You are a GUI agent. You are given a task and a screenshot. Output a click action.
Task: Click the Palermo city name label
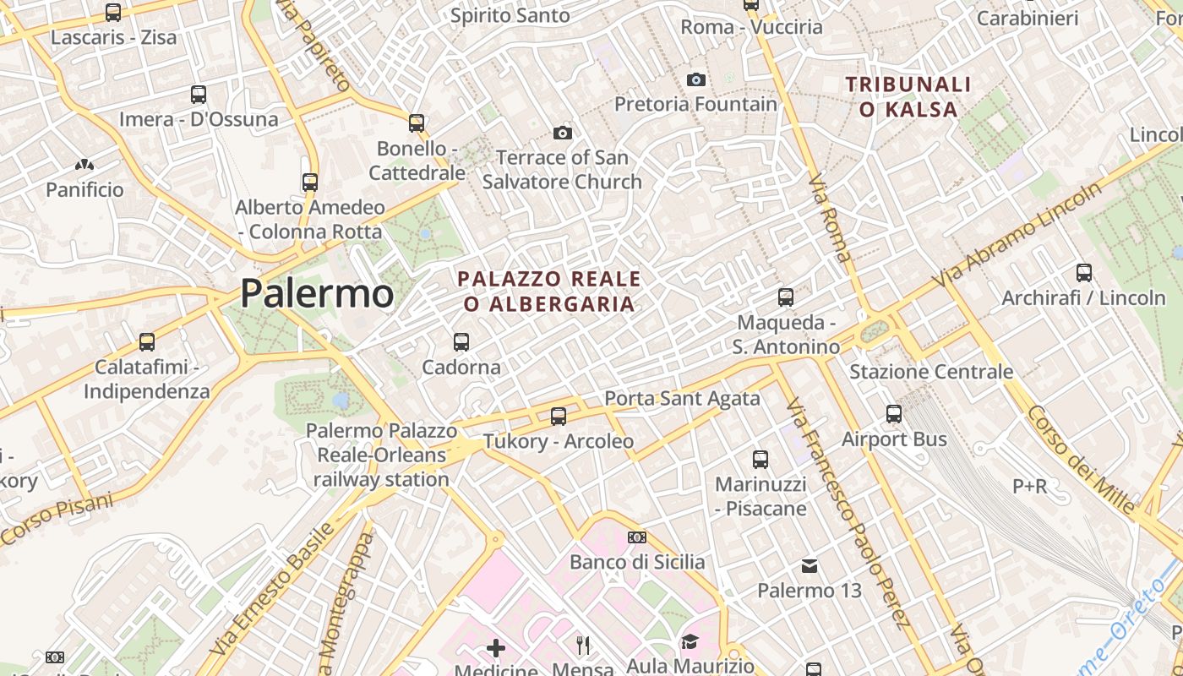[317, 293]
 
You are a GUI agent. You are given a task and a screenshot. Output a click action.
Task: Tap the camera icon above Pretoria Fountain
[696, 79]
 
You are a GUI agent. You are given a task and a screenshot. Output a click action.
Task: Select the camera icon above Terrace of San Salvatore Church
[563, 133]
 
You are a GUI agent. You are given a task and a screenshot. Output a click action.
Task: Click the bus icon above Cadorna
[461, 342]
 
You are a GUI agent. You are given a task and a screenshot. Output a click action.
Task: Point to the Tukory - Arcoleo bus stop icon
[559, 416]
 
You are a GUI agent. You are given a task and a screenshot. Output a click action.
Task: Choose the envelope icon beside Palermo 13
[810, 565]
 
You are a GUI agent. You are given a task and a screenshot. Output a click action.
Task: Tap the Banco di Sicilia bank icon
[637, 537]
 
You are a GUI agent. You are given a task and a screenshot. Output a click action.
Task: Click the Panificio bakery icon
[84, 165]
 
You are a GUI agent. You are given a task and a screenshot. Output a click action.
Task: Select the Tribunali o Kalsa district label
[908, 96]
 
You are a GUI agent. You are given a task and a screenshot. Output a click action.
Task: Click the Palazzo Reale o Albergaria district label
[549, 291]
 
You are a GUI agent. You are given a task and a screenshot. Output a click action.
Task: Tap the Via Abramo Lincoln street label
[1017, 235]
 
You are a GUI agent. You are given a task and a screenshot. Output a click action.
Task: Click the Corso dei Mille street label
[1081, 460]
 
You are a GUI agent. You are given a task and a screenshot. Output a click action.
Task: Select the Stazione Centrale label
[931, 372]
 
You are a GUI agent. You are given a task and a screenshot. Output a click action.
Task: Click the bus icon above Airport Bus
[894, 414]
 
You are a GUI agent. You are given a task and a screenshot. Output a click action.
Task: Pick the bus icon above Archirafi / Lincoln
[1084, 273]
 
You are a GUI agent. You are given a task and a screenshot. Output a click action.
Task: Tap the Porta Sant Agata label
[682, 398]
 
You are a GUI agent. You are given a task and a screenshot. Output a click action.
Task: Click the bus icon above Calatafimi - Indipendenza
[147, 342]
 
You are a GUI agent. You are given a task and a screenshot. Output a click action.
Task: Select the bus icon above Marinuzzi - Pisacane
[760, 460]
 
